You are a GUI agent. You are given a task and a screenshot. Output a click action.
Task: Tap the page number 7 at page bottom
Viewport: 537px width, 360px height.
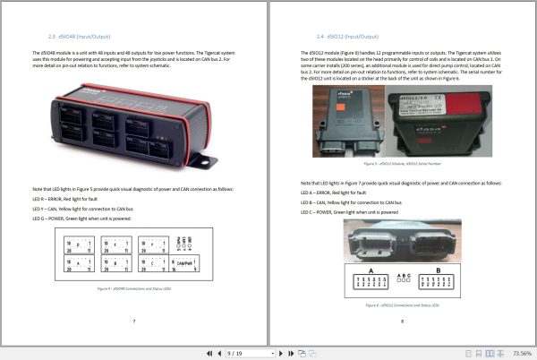pos(134,321)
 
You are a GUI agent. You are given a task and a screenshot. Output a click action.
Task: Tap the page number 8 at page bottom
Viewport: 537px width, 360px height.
pos(402,321)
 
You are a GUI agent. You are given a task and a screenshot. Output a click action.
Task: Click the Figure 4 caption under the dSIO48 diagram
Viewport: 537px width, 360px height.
pos(134,289)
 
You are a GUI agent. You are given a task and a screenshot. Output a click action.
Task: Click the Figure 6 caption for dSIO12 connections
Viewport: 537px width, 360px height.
pos(402,306)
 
